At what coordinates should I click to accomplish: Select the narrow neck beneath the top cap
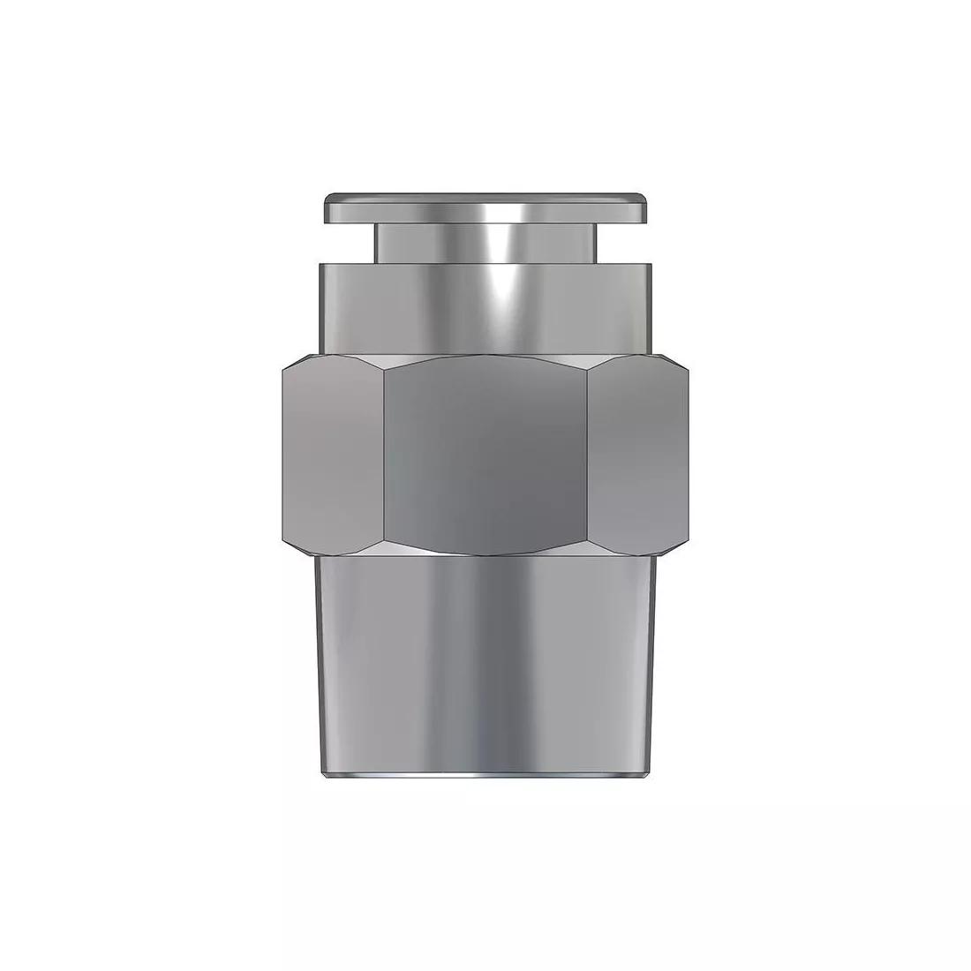coord(485,242)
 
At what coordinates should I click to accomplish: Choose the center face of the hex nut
coord(485,455)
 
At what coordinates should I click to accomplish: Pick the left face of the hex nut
coord(334,455)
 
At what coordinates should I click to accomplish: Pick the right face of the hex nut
coord(637,455)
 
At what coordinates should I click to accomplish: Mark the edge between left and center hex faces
coord(383,455)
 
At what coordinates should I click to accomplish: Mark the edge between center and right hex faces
coord(588,455)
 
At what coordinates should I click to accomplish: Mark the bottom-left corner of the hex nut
coord(286,539)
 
